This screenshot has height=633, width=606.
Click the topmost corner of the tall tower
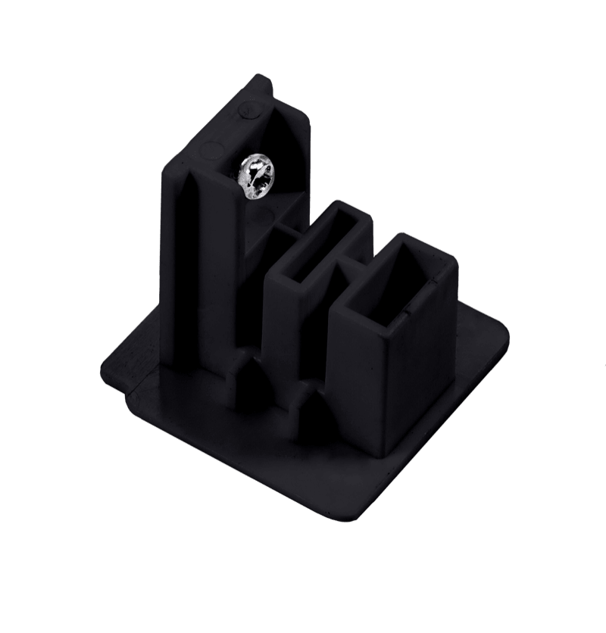[x=261, y=76]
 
